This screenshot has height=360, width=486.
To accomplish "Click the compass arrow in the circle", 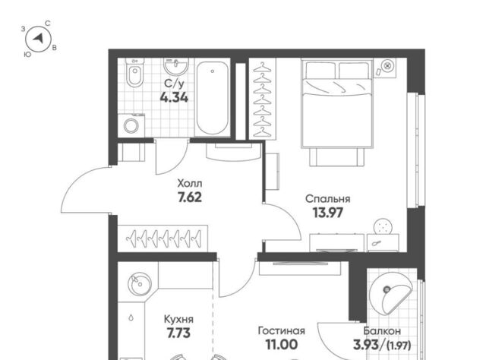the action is (x=39, y=39).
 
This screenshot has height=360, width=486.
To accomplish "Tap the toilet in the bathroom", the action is (x=135, y=72).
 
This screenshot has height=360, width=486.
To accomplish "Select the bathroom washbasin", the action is (x=175, y=66).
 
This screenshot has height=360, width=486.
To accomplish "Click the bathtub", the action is (x=213, y=98).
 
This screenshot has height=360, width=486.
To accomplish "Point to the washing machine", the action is (x=131, y=125).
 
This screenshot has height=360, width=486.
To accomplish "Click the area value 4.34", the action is (x=174, y=98).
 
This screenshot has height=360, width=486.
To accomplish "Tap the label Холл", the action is (x=190, y=183).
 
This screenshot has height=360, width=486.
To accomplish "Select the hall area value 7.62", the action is (x=190, y=197).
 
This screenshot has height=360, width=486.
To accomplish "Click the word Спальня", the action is (x=327, y=199).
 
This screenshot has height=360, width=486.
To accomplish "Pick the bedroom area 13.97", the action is (x=328, y=213).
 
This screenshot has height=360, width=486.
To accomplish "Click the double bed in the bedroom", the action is (x=336, y=104).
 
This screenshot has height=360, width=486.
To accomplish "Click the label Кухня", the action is (x=178, y=319).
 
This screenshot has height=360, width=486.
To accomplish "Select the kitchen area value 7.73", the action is (x=178, y=333).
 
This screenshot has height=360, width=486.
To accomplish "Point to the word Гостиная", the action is (x=282, y=331).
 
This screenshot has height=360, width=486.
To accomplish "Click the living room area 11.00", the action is (x=282, y=345).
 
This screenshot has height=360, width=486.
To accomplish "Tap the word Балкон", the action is (x=382, y=331).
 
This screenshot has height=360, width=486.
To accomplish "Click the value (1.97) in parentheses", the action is (x=399, y=345).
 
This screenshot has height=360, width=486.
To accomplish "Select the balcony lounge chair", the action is (x=390, y=293).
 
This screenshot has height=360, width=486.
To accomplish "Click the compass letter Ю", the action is (x=27, y=55).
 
